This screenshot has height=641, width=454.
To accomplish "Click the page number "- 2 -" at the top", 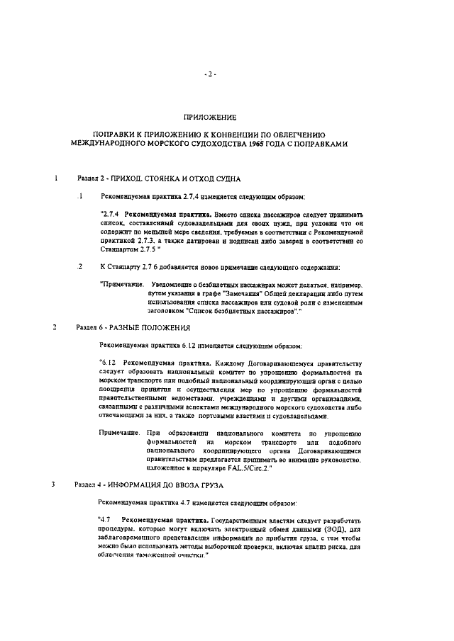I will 210,73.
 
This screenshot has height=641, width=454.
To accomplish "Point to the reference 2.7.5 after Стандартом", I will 161,249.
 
